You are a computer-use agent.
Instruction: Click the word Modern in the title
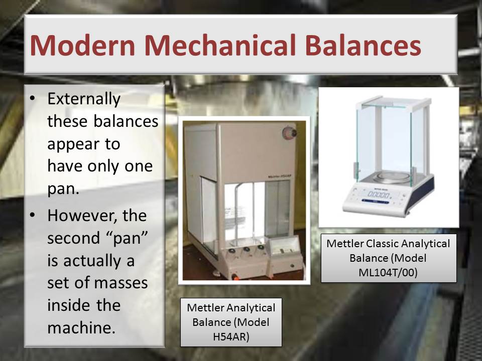click(x=82, y=45)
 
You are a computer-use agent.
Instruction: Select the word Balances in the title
click(x=363, y=45)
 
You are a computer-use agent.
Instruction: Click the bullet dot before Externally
click(x=33, y=98)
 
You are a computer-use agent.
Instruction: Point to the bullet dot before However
click(x=33, y=215)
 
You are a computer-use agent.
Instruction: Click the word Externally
click(x=84, y=99)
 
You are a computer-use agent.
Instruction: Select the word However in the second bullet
click(x=82, y=216)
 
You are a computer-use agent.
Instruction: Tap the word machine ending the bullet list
click(x=81, y=327)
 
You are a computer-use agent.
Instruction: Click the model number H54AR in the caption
click(x=231, y=337)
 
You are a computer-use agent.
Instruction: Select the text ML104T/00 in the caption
click(x=388, y=272)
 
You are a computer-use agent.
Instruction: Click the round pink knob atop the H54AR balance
click(x=289, y=133)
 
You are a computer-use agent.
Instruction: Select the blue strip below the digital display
click(x=376, y=202)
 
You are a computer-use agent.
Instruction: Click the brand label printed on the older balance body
click(x=280, y=176)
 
